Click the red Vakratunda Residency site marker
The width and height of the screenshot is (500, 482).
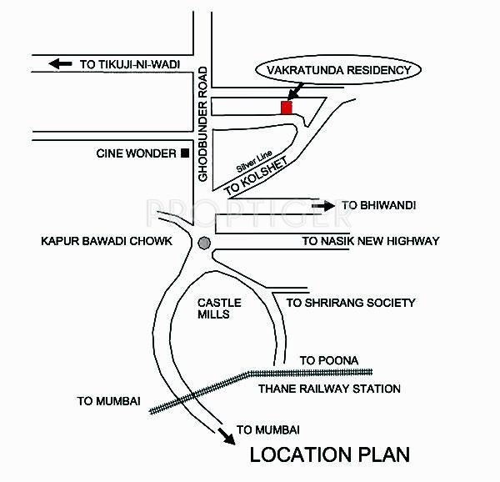(x=287, y=108)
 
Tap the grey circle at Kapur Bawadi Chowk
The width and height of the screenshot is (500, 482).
(x=204, y=243)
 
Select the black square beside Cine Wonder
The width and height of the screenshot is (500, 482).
(x=185, y=153)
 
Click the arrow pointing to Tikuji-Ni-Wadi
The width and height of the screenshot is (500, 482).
(x=60, y=64)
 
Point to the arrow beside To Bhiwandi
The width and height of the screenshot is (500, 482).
(x=323, y=206)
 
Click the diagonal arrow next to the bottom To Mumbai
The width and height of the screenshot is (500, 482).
(x=227, y=436)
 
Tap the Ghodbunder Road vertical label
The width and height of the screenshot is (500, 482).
(x=202, y=124)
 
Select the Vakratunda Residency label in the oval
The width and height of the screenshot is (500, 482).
(x=338, y=70)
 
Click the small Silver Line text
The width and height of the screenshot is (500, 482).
(x=254, y=161)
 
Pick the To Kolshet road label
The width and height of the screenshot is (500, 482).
(x=256, y=176)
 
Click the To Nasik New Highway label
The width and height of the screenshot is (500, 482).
(x=371, y=241)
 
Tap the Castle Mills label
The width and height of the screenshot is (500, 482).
(x=219, y=309)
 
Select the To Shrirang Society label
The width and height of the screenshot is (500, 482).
(x=351, y=303)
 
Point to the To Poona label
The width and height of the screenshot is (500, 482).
(x=329, y=360)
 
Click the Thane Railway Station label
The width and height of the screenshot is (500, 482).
(x=329, y=389)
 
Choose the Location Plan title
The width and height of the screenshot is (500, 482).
(x=330, y=454)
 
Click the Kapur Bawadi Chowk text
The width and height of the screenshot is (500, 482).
(x=107, y=241)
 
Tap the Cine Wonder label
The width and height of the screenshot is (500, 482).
(x=136, y=153)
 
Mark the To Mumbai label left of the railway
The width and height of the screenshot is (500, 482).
(x=108, y=401)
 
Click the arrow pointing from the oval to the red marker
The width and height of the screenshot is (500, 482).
(x=295, y=92)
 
